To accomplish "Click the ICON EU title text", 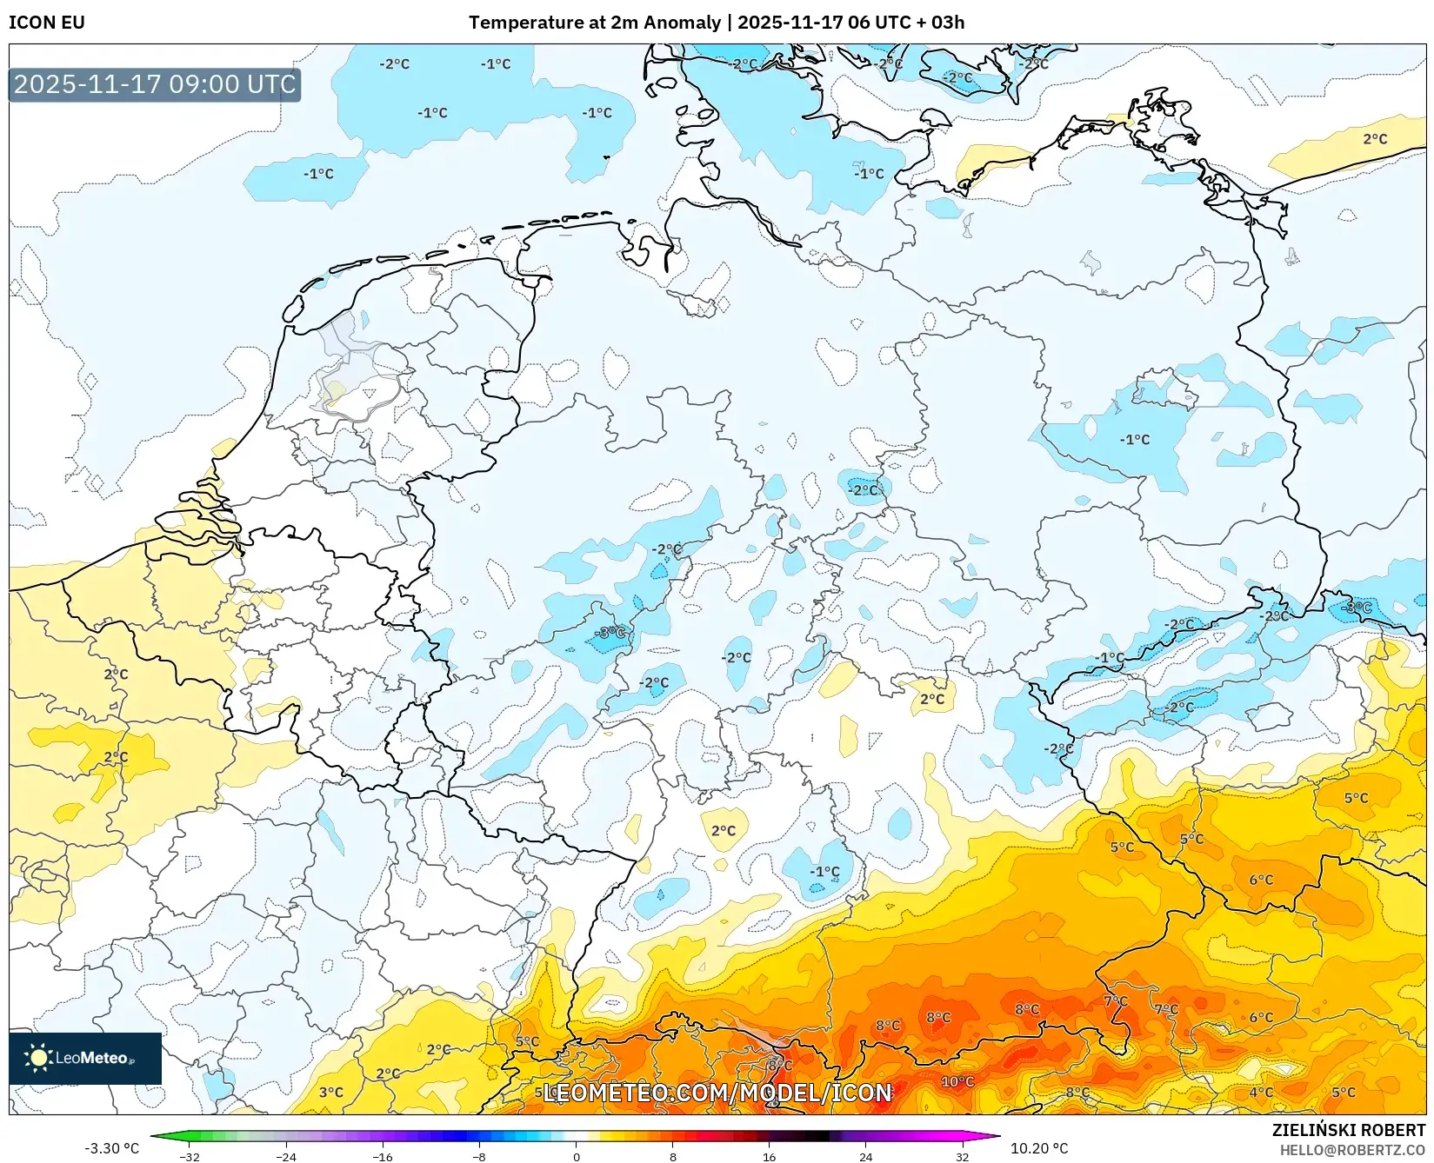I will [47, 23].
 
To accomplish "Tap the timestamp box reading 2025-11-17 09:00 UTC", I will [155, 84].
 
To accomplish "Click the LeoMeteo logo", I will [84, 1058].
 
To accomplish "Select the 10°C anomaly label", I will [957, 1081].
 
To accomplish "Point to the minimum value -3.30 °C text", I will [111, 1148].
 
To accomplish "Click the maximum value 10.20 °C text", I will [1039, 1148].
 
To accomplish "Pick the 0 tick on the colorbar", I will [576, 1156].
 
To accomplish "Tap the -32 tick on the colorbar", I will [190, 1156].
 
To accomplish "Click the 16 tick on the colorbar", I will [769, 1156].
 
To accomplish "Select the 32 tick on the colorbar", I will [962, 1156].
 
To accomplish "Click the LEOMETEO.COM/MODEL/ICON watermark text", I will [717, 1093].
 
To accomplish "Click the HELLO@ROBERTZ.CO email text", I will [1352, 1150].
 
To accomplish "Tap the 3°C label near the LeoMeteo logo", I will [330, 1092].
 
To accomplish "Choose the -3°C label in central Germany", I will [610, 632].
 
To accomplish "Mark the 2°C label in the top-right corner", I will [1375, 139].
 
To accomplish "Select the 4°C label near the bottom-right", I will [1261, 1092].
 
